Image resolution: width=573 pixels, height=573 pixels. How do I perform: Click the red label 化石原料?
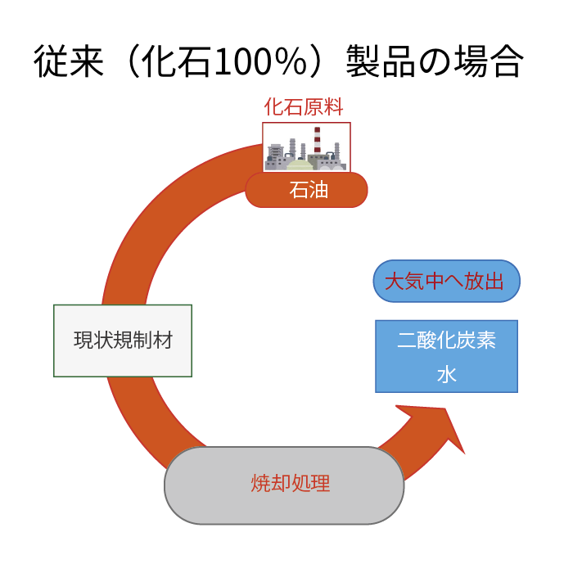pos(304,106)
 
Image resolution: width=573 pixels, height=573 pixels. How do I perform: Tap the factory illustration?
pos(306,147)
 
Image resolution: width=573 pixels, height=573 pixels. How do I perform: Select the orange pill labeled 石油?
pos(306,190)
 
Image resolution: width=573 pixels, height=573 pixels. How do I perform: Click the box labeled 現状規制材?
pos(123,341)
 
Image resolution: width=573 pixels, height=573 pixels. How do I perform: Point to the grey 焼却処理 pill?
pos(284,485)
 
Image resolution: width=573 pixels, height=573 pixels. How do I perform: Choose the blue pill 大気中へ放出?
pos(447,281)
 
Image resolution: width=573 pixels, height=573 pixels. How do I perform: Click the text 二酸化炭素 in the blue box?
pos(447,340)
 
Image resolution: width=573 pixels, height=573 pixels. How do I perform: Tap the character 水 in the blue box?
pos(447,375)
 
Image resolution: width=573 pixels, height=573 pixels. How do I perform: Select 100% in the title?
pos(261,61)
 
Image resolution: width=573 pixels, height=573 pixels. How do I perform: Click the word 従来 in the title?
pos(69,61)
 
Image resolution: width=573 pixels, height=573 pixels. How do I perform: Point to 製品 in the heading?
pos(381,61)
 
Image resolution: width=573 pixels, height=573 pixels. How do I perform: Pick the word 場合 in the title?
pos(489,61)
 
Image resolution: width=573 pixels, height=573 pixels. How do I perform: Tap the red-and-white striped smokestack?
pos(318,140)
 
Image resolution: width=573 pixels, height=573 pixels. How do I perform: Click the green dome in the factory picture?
pos(300,165)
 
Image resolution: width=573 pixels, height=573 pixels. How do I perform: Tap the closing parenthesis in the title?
pos(318,61)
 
